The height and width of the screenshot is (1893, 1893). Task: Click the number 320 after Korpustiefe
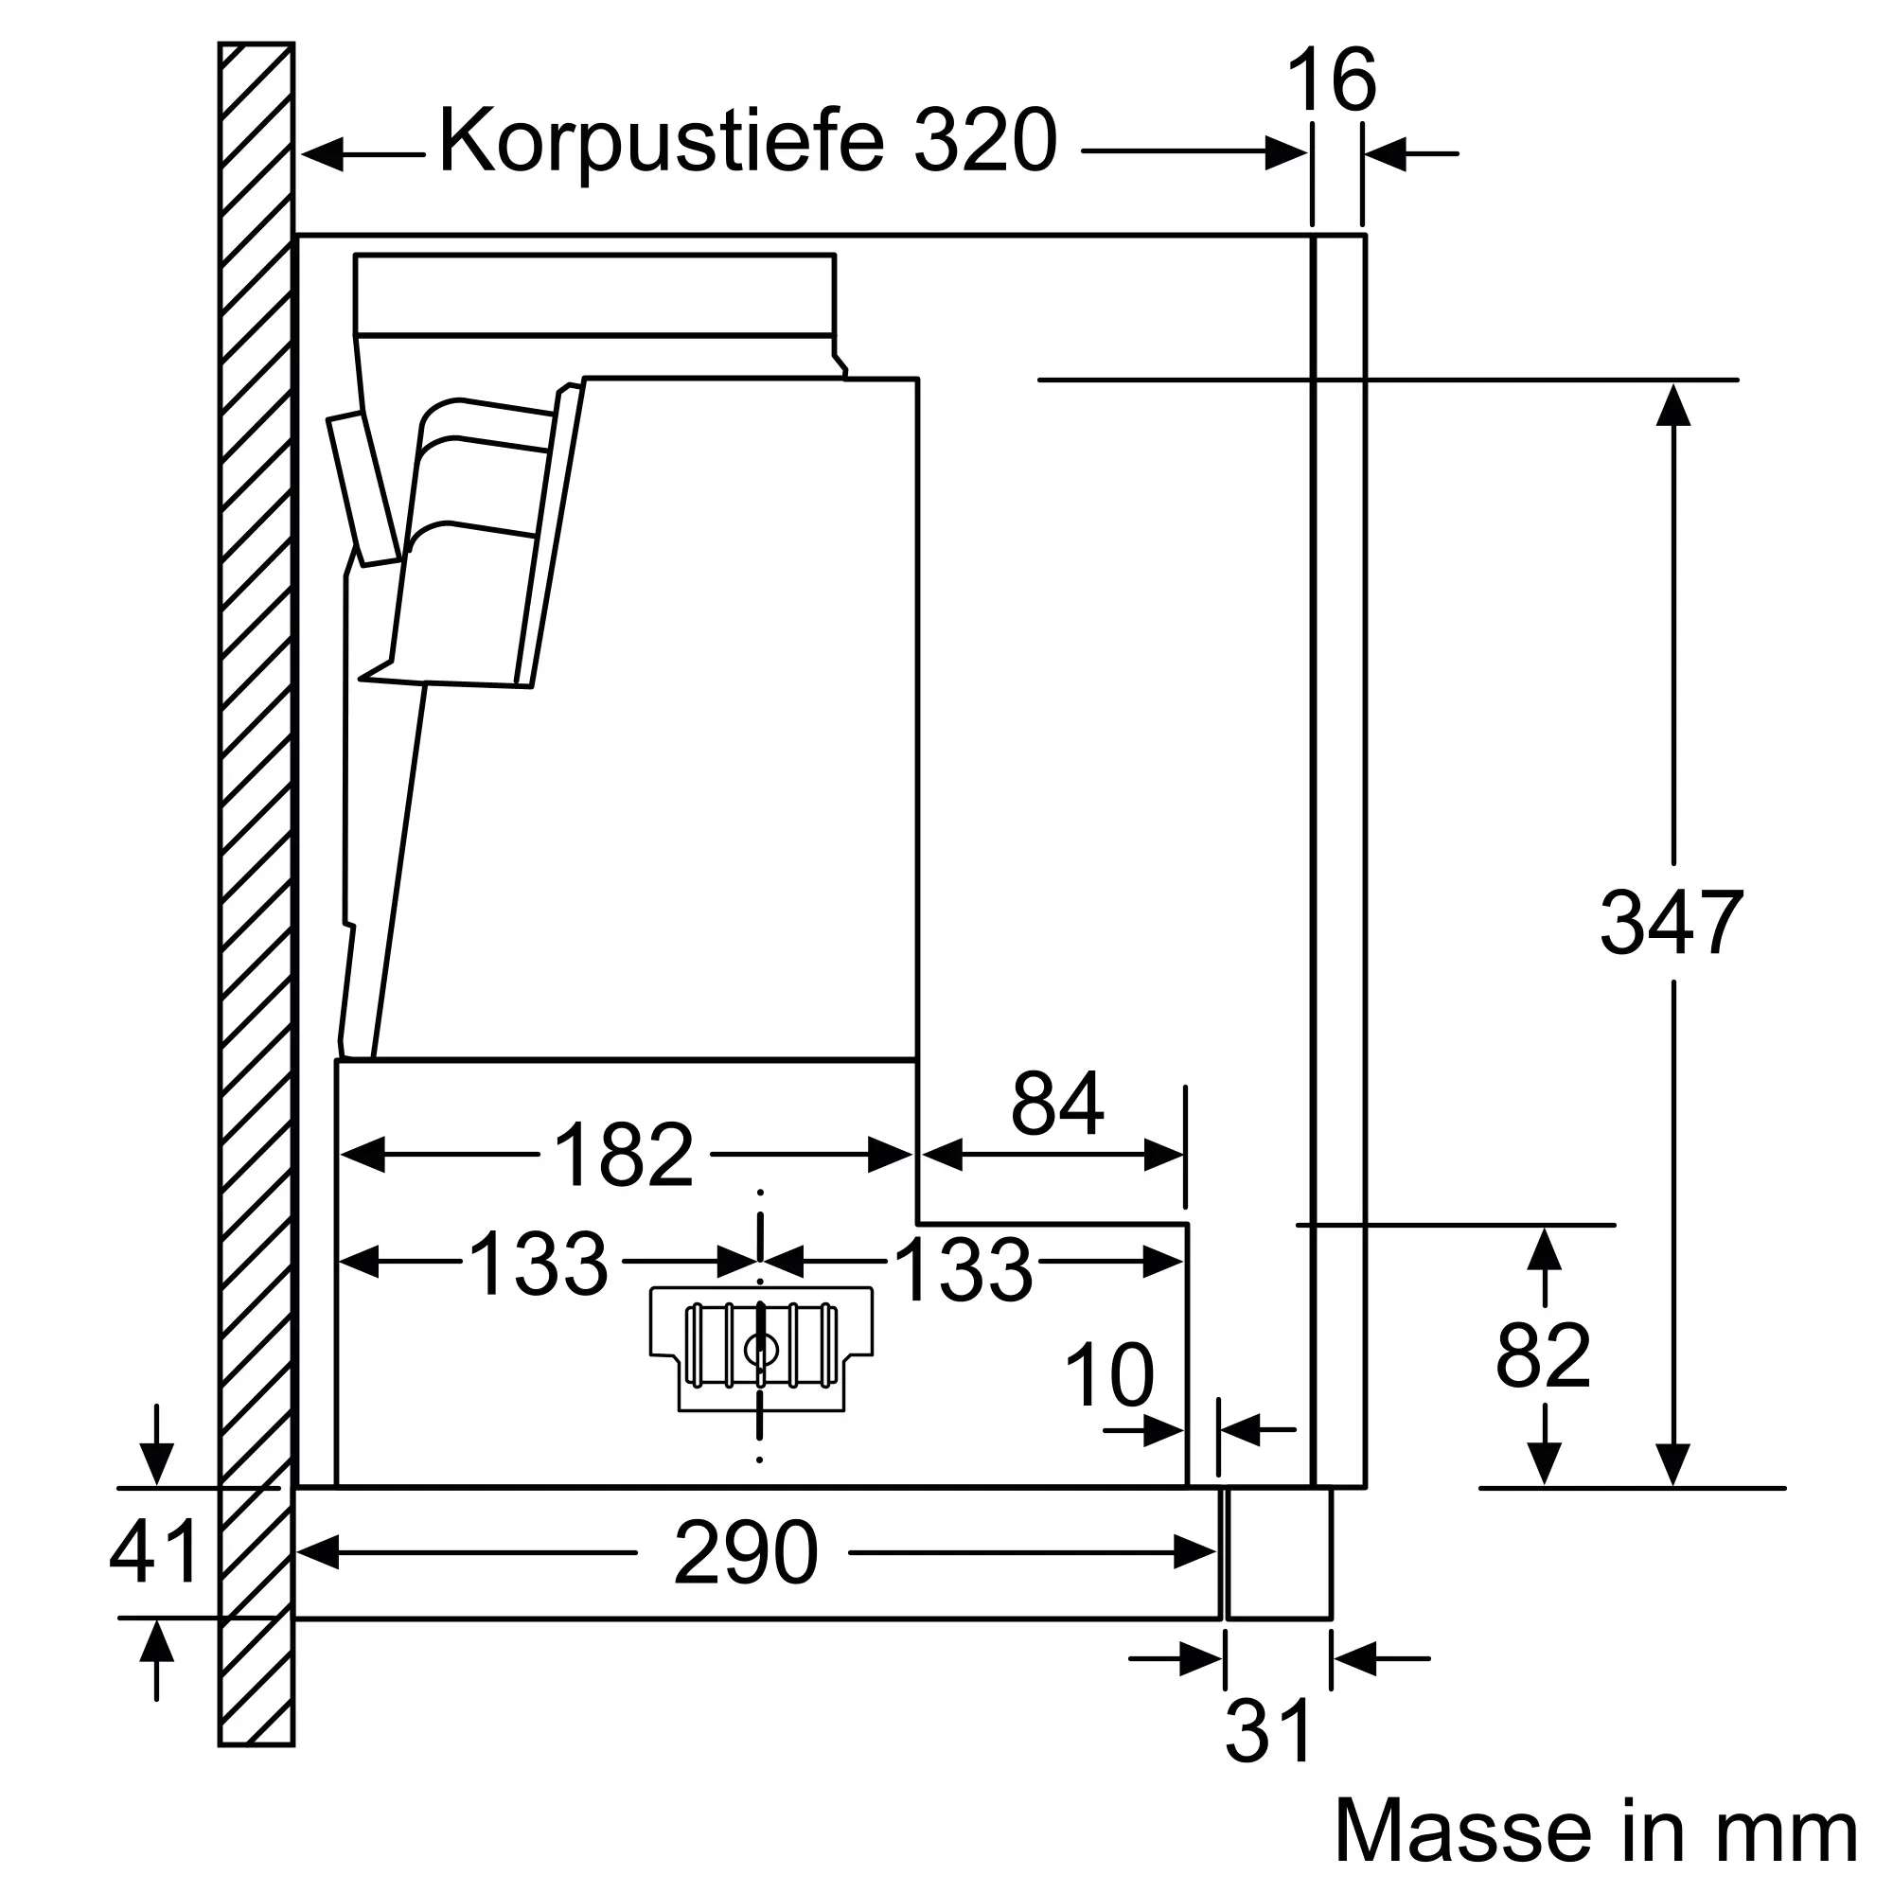985,142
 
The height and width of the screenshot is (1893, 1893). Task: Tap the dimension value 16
1332,81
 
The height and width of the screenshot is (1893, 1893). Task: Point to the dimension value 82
1542,1356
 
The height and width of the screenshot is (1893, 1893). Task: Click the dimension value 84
1057,1105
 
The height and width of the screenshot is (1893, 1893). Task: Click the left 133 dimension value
539,1265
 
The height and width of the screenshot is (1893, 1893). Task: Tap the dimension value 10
1109,1376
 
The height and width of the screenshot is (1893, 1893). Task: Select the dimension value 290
745,1553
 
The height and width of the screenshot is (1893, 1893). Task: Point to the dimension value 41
154,1552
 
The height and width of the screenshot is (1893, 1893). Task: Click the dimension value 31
1269,1730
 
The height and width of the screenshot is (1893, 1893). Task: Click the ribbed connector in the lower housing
760,1347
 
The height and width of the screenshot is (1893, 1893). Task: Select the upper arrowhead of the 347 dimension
1672,405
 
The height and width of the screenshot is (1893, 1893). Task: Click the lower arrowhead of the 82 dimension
1544,1464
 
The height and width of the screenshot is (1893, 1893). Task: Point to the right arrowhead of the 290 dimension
1195,1553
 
